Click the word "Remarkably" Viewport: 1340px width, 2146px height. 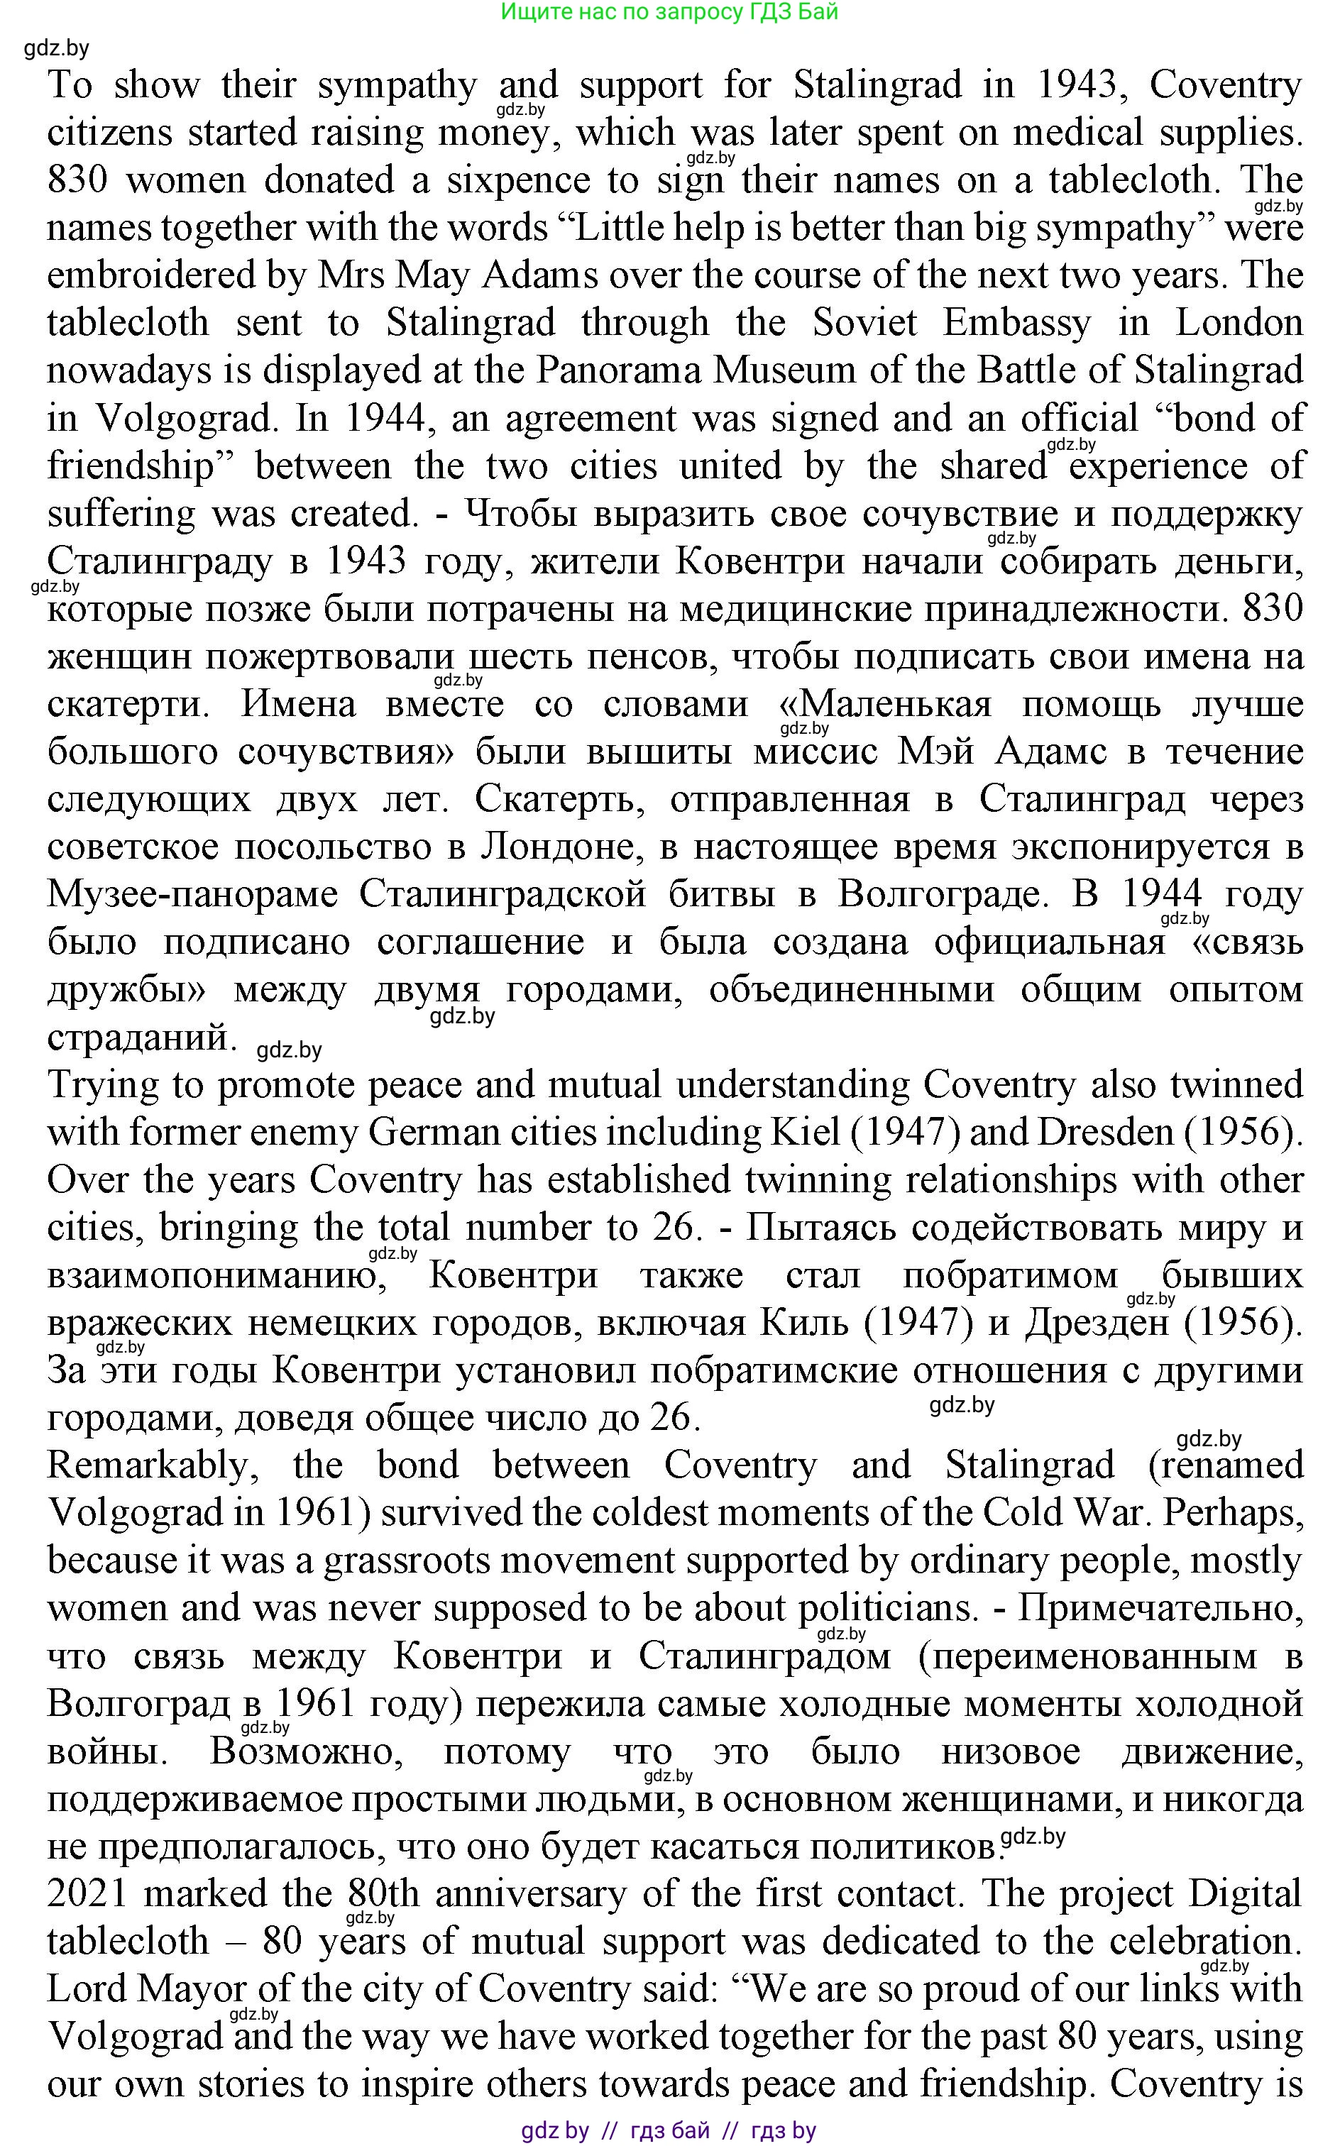152,1465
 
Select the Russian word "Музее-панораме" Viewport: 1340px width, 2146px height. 192,894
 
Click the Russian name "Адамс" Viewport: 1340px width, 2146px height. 1051,752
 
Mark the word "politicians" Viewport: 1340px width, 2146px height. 886,1608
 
